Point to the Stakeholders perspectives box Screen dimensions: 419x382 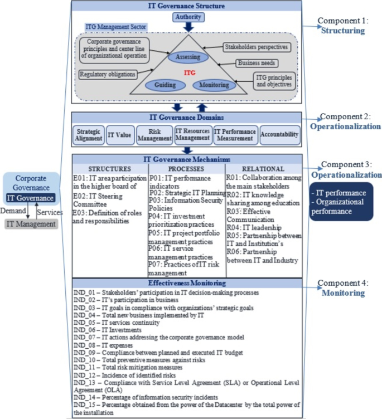pyautogui.click(x=255, y=47)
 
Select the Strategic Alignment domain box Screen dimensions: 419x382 pyautogui.click(x=89, y=135)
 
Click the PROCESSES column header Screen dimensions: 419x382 pyautogui.click(x=186, y=168)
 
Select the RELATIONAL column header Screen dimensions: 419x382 pyautogui.click(x=263, y=168)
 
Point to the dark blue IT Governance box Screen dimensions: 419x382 pyautogui.click(x=31, y=197)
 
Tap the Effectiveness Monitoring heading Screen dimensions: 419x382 pyautogui.click(x=187, y=284)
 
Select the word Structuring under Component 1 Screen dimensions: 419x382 pyautogui.click(x=343, y=31)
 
